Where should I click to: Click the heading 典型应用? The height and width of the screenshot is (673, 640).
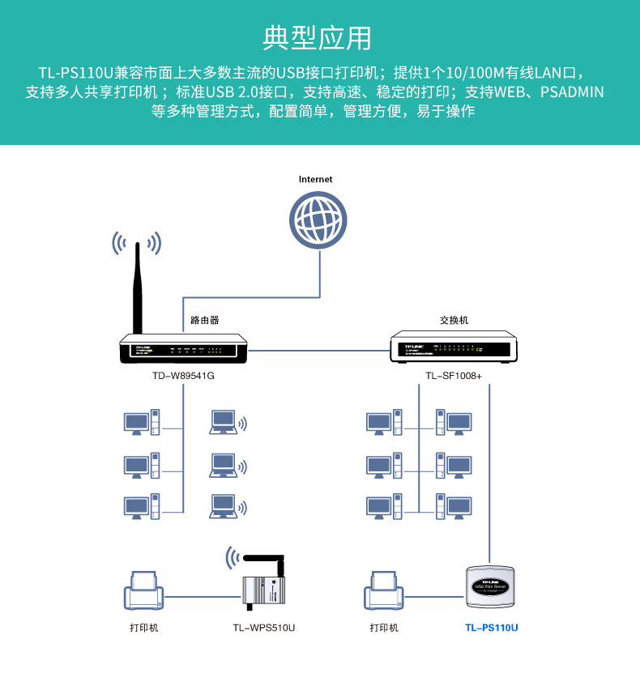click(318, 38)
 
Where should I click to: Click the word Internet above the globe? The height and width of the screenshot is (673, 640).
click(316, 179)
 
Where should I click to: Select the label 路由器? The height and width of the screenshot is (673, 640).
click(204, 320)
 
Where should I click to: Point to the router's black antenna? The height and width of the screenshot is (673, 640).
click(139, 288)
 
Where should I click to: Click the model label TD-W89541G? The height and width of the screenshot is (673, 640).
click(183, 377)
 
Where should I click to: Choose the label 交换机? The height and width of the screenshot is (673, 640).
click(454, 320)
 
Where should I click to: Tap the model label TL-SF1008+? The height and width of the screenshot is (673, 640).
click(454, 377)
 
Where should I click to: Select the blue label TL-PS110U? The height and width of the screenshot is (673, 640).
click(491, 628)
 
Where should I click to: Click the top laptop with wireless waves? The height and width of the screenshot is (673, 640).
click(223, 422)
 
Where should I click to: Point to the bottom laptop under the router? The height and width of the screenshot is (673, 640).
click(223, 506)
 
